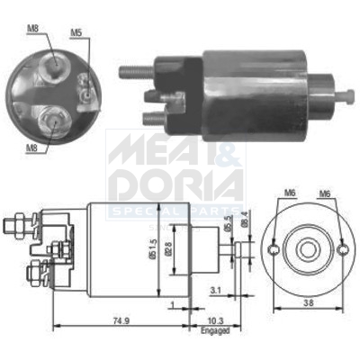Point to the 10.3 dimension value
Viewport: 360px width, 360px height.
click(x=211, y=321)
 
